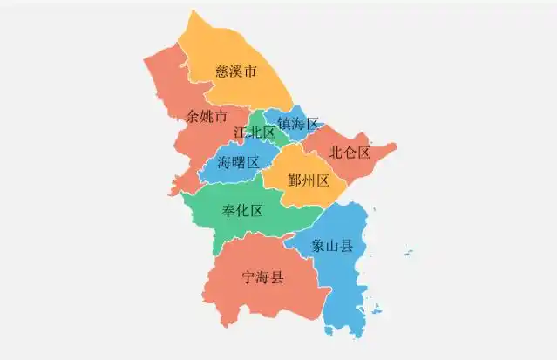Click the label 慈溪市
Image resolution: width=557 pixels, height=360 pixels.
[x=235, y=72]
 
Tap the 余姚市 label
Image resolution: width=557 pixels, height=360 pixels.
[x=207, y=116]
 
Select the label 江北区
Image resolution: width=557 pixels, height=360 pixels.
[x=255, y=132]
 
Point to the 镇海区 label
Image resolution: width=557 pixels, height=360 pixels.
[x=299, y=125]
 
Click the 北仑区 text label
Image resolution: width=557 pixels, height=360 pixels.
[x=350, y=153]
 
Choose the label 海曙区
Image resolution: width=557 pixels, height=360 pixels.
[x=239, y=162]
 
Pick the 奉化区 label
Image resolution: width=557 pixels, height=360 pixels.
[x=242, y=210]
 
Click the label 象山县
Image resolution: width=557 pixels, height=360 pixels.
[x=333, y=246]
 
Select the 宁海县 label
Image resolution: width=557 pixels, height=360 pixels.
[x=262, y=278]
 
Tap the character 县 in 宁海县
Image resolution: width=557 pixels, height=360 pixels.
[x=276, y=278]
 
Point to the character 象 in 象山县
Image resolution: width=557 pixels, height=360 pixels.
[x=319, y=246]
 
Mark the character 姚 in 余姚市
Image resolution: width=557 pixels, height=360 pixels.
[x=207, y=116]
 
